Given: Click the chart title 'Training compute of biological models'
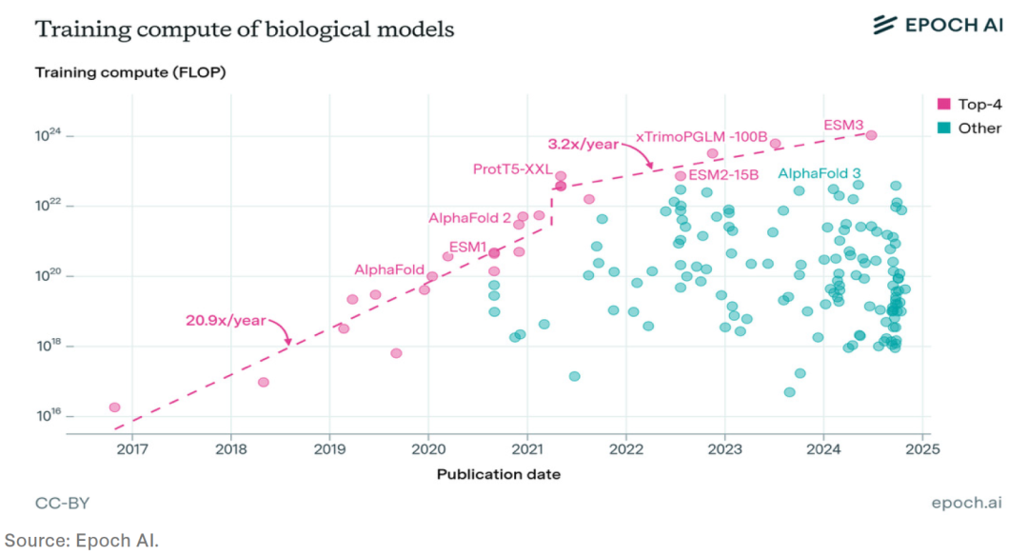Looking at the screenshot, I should coord(245,29).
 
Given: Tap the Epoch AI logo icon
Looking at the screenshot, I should coord(885,25).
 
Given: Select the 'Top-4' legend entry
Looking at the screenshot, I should coord(979,104).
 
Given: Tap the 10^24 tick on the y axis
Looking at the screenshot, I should coord(49,136).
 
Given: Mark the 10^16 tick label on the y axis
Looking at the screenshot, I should coord(49,415).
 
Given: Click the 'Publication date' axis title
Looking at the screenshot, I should coord(498,473).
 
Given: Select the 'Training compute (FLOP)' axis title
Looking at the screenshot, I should coord(130,72).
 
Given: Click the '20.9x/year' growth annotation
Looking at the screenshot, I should coord(226,321).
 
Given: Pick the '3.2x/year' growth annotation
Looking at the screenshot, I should coord(582,145).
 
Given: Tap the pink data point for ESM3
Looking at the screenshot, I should coord(871,135).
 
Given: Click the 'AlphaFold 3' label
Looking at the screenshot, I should coord(817,173).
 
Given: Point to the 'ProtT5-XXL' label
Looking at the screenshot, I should coord(512,169).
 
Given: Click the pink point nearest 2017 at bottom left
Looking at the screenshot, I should coord(114,407).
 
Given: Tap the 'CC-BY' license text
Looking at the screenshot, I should coord(62,503).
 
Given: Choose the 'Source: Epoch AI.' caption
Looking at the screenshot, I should coord(81,539).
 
